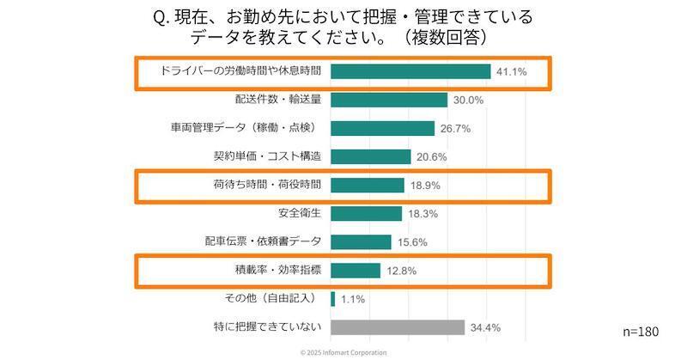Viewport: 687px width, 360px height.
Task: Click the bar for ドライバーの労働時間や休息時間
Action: (x=410, y=71)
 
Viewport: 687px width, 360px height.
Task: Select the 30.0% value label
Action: (x=469, y=101)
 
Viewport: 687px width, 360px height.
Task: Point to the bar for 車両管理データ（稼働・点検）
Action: (x=382, y=128)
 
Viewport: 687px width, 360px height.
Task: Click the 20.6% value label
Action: (x=432, y=157)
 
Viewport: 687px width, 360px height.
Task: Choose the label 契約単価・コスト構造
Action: (x=267, y=156)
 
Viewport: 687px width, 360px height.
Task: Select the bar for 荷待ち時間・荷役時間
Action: (x=367, y=186)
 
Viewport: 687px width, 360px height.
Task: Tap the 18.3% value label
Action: (x=423, y=214)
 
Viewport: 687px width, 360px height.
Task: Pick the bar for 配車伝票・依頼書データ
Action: (x=361, y=242)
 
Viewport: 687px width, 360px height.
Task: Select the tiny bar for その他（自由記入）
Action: (x=332, y=299)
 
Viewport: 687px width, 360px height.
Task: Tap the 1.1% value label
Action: (x=353, y=300)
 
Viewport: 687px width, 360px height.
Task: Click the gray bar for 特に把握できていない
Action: (x=398, y=327)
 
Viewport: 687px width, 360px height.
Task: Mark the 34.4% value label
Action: (x=485, y=328)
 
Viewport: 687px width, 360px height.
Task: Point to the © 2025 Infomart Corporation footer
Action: (x=343, y=352)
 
